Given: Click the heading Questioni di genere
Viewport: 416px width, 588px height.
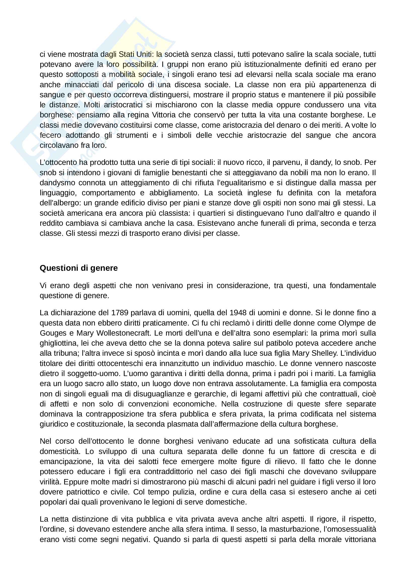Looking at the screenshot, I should point(79,268).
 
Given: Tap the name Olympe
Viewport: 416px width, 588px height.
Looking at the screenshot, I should point(351,323).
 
